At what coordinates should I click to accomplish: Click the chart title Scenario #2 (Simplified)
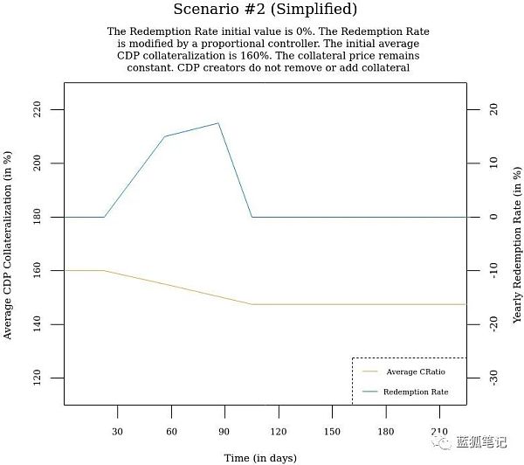(265, 10)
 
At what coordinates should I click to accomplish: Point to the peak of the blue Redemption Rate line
(217, 123)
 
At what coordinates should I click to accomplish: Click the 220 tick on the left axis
(49, 109)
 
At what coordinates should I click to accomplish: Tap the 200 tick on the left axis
(49, 163)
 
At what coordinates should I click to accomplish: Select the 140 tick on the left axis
(49, 324)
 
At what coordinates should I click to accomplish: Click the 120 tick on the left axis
(49, 378)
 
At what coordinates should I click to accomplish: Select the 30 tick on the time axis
(118, 431)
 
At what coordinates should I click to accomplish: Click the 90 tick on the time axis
(224, 431)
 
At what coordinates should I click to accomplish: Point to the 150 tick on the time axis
(332, 431)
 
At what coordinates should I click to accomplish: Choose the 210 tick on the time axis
(439, 431)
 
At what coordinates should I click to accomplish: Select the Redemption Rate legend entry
(415, 392)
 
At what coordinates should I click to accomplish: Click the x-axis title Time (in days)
(260, 457)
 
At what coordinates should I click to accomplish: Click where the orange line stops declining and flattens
(252, 304)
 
